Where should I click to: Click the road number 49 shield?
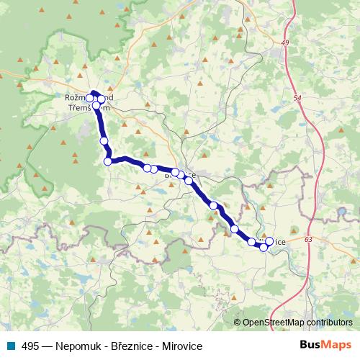[285, 43]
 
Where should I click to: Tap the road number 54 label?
[297, 95]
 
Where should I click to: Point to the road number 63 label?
[308, 238]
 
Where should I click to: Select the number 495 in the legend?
[30, 346]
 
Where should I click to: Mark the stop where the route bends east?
[108, 161]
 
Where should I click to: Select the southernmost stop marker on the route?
[264, 247]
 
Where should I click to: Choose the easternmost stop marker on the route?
[269, 241]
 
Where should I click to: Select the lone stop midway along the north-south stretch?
[104, 141]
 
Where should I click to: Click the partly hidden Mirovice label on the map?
[277, 241]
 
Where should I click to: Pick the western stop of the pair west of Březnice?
[147, 168]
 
